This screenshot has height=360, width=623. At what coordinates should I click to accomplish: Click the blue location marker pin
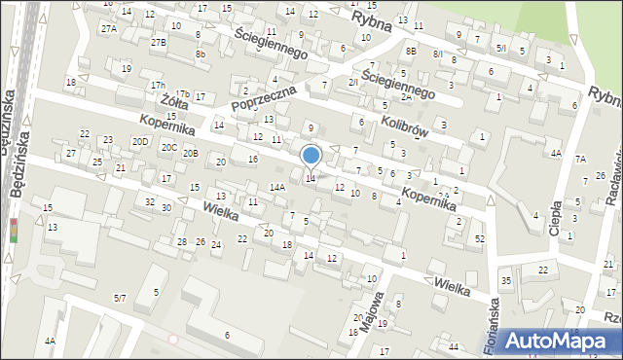(311, 157)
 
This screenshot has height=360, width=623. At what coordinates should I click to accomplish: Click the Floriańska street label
(492, 318)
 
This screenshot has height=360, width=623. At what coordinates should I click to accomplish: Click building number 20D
(141, 142)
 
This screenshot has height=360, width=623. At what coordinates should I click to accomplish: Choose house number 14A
(276, 187)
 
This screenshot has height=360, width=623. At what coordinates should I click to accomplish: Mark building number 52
(479, 238)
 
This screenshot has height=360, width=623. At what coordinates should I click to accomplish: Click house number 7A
(580, 159)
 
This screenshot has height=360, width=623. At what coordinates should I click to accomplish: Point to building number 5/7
(120, 297)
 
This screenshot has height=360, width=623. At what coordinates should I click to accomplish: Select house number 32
(149, 201)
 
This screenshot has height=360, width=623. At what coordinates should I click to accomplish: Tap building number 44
(454, 347)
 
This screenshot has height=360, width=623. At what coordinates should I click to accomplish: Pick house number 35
(505, 281)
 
